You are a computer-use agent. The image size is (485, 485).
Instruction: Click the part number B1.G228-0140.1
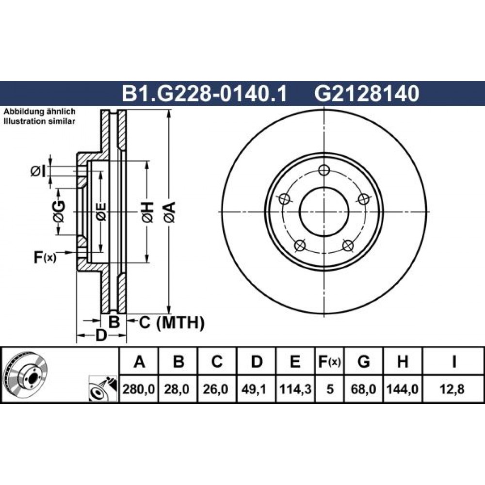[x=205, y=94]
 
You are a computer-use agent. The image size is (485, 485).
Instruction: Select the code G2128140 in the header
[x=367, y=94]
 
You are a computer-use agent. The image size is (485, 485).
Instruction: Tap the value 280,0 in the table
[x=139, y=389]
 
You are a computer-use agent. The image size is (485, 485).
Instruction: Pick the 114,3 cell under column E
[x=295, y=389]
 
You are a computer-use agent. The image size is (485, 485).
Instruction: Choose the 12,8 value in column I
[x=453, y=389]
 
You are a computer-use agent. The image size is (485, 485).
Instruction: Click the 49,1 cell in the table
[x=256, y=389]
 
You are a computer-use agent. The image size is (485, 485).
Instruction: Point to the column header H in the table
[x=403, y=361]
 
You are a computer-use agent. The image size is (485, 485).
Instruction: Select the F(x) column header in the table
[x=330, y=361]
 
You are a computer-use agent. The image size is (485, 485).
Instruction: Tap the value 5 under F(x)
[x=330, y=389]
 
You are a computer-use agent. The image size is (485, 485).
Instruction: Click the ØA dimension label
[x=170, y=212]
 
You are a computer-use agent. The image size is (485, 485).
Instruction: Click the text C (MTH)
[x=171, y=323]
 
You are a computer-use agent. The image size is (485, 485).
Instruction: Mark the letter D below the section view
[x=101, y=335]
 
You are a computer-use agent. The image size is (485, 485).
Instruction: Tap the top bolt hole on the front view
[x=324, y=170]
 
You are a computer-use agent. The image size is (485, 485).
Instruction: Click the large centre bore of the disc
[x=324, y=212]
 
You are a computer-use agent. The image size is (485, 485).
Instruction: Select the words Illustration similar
[x=39, y=121]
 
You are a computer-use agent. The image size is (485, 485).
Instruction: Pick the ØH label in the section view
[x=147, y=212]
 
